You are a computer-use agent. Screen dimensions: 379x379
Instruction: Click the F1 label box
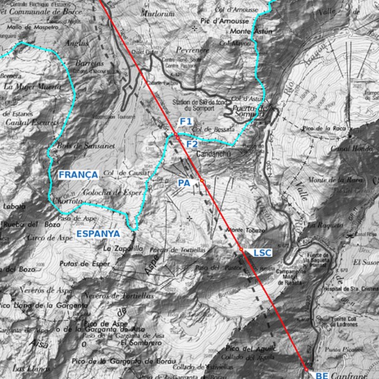[x=186, y=121]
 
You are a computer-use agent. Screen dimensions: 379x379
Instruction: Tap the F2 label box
[x=192, y=144]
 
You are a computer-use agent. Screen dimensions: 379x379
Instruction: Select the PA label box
[x=184, y=183]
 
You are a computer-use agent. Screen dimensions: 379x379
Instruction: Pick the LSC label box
[x=262, y=253]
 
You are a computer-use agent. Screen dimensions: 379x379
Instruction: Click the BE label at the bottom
[x=322, y=375]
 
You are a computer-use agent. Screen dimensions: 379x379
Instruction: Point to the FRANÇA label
[x=79, y=175]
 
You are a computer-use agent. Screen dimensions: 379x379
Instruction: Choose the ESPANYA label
[x=98, y=233]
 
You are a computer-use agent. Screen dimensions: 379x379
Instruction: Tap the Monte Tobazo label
[x=245, y=231]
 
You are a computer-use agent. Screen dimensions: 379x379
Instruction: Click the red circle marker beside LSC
[x=241, y=249]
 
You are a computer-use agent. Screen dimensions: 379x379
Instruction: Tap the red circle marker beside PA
[x=201, y=180]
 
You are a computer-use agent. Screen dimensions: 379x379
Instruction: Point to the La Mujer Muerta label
[x=32, y=86]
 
